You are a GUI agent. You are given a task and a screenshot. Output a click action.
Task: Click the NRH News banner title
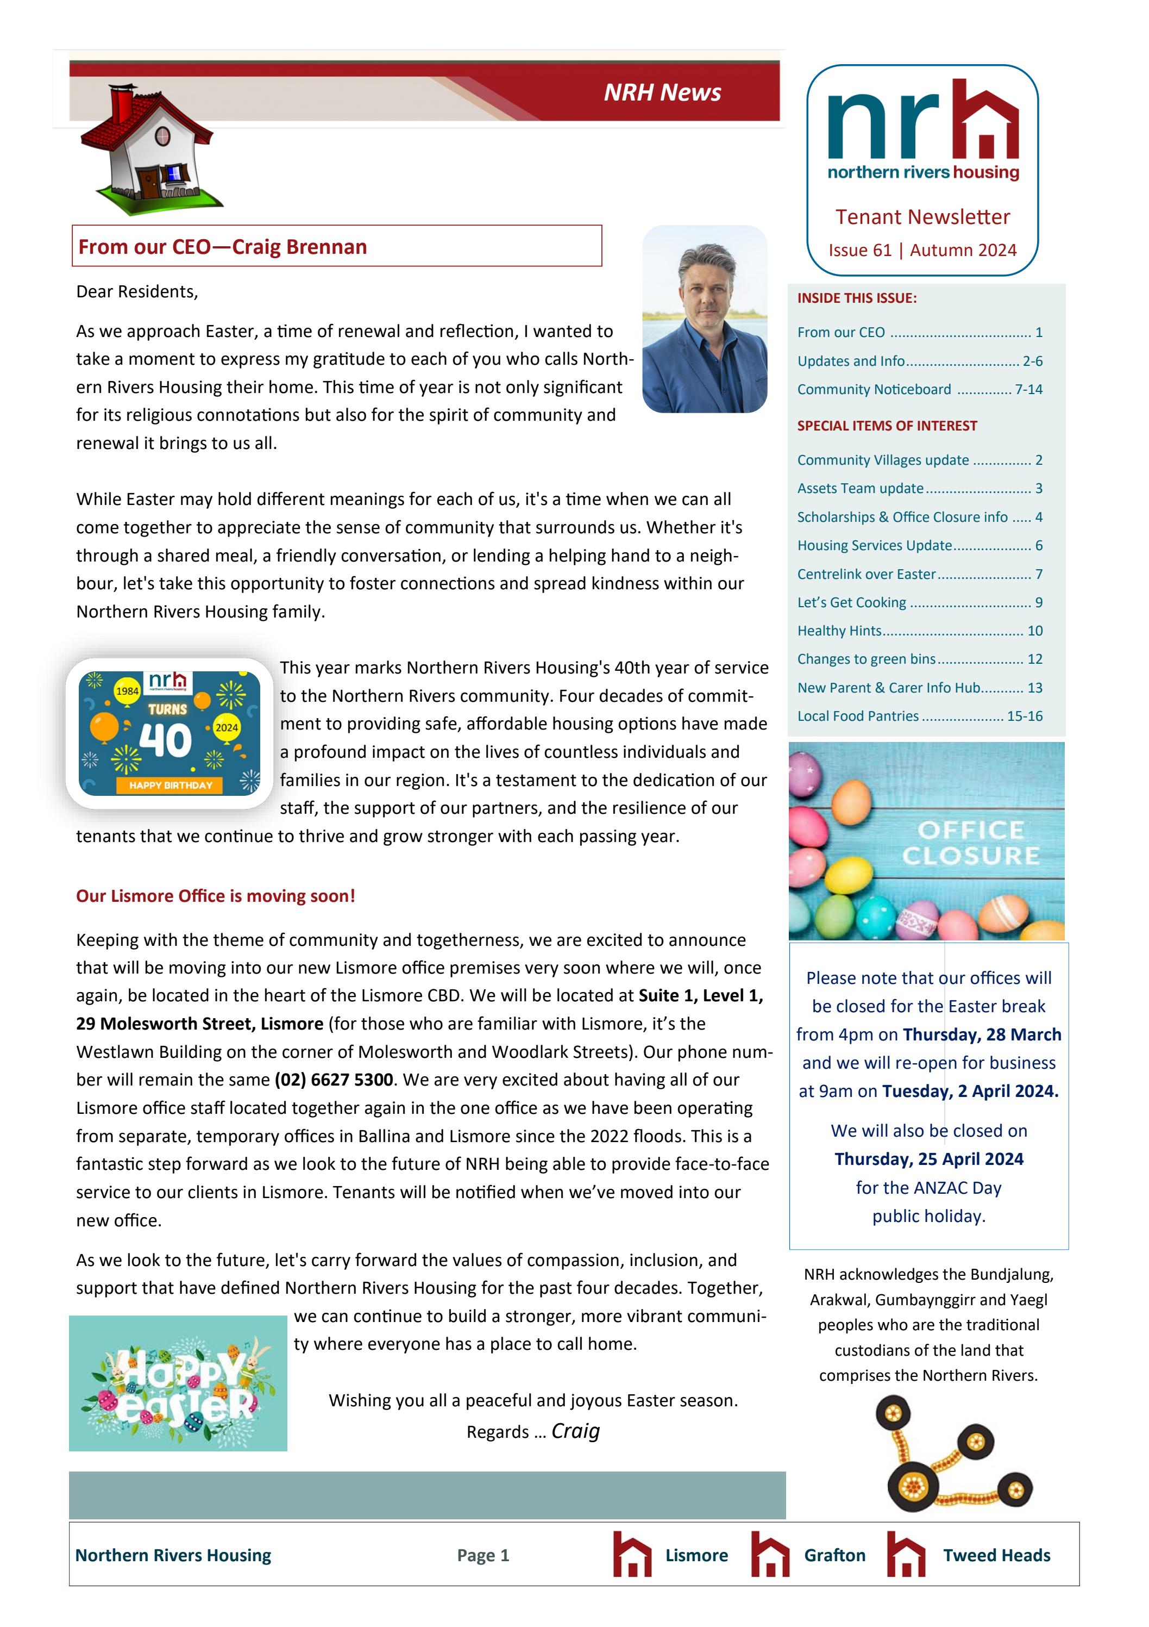[662, 92]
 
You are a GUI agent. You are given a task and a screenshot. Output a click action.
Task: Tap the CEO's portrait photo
[704, 319]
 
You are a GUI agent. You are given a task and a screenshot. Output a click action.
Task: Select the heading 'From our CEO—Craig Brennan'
[222, 247]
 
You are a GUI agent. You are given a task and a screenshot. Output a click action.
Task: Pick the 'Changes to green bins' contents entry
[865, 659]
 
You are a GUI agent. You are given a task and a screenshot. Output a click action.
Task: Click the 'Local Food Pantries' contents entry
[857, 716]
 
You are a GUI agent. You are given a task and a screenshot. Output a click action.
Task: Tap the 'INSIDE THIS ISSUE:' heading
[856, 298]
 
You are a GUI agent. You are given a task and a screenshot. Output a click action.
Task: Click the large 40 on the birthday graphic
[166, 740]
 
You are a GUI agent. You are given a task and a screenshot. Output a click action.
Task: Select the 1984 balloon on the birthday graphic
[127, 691]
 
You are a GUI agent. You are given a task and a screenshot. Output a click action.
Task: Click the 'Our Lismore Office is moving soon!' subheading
[215, 896]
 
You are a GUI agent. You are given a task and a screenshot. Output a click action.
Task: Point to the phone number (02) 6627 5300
[333, 1079]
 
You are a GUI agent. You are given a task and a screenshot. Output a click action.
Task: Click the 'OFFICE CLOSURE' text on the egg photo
[970, 843]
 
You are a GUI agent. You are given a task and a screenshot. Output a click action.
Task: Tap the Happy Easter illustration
[178, 1383]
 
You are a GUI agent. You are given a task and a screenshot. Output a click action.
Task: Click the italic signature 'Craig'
[575, 1431]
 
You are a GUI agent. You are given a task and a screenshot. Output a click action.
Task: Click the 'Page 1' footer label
[482, 1555]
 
